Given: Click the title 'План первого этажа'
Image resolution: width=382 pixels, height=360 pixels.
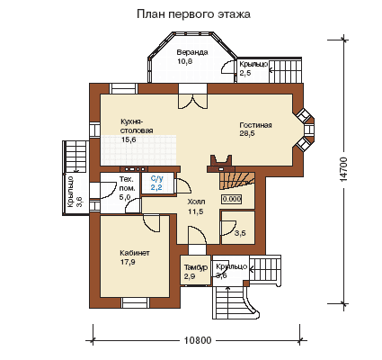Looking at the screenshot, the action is pos(193,14).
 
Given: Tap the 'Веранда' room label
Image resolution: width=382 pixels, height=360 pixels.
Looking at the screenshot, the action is pos(192,52).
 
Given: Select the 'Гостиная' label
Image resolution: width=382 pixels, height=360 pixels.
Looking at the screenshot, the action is pos(255,125).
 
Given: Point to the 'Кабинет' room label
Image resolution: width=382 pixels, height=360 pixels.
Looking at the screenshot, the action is pos(135,253).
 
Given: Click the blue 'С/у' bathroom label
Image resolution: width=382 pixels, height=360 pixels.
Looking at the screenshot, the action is pos(157,179).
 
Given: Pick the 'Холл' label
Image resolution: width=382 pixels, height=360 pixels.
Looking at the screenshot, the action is pos(196,202).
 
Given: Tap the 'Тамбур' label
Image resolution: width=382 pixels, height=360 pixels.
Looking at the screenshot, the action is pos(196,267).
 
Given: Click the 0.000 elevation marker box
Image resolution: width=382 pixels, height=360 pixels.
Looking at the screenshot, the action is pos(231,199).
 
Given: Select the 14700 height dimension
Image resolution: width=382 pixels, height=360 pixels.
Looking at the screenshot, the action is pos(343,169).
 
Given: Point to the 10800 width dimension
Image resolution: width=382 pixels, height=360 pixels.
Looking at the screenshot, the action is pos(198,340).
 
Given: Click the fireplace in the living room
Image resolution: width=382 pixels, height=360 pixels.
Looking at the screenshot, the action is pos(221,164).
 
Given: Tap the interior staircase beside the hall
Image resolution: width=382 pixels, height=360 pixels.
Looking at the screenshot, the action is pos(237,181).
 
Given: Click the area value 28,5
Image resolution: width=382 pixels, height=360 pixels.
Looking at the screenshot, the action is pos(247,134).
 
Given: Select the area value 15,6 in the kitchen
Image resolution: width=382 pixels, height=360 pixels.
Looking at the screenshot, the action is pos(129,139).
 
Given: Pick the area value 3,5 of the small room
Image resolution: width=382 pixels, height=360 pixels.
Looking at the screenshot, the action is pos(240,233).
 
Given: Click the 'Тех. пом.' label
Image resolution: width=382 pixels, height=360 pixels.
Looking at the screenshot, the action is pos(128,184).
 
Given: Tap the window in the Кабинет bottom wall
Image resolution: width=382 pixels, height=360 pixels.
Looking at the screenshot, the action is pos(135,302).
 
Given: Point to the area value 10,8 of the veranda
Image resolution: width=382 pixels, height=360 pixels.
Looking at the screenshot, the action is pos(184,61).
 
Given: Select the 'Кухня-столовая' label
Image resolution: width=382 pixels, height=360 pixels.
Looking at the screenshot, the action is pos(137,126).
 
